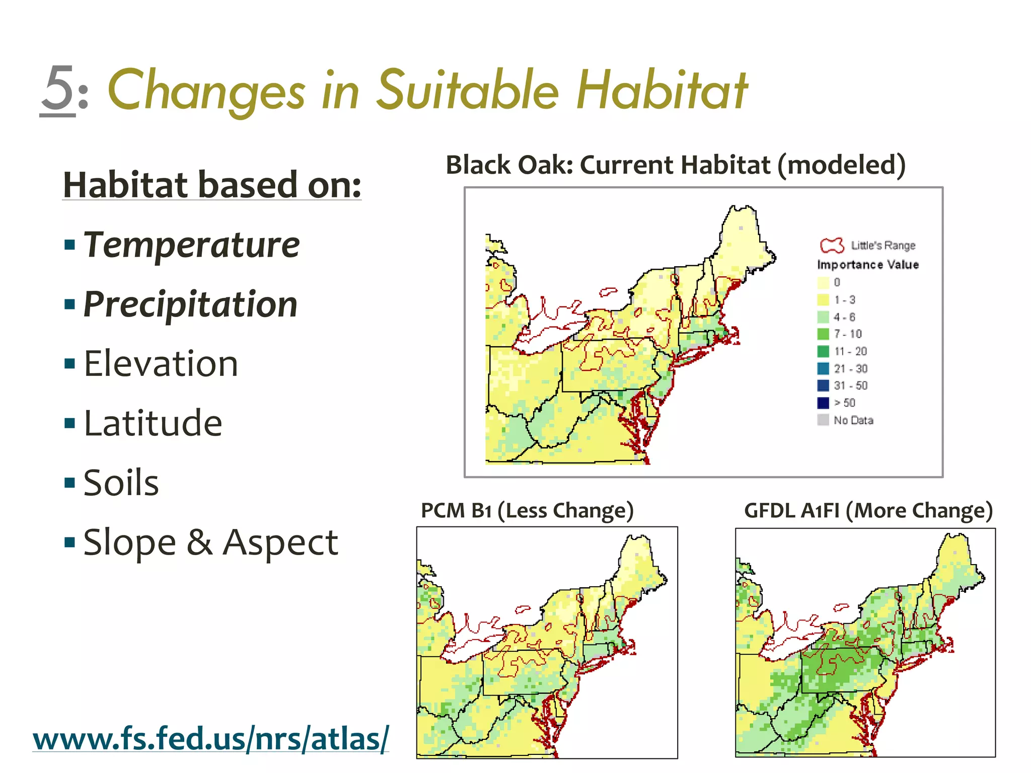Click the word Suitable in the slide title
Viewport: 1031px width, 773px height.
click(468, 90)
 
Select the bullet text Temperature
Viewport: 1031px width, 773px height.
click(191, 245)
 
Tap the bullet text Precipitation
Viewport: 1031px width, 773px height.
click(190, 304)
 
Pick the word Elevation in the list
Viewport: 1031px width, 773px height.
click(161, 364)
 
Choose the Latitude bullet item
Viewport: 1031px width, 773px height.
click(153, 423)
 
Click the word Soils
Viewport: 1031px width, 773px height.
click(121, 483)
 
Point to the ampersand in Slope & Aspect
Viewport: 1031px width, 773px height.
click(199, 543)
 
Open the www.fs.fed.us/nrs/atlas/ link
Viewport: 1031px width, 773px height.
click(211, 738)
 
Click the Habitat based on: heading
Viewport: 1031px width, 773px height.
click(212, 185)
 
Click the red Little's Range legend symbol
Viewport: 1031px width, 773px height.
click(832, 246)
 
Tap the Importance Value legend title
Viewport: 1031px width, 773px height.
click(868, 265)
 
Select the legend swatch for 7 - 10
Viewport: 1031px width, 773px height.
click(823, 334)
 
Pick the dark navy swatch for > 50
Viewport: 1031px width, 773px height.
click(823, 403)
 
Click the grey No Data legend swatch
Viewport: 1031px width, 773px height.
click(823, 420)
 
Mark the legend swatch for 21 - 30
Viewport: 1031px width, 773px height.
click(823, 368)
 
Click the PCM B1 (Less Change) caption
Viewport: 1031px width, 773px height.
click(527, 510)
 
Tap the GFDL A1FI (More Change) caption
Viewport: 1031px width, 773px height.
click(868, 510)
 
